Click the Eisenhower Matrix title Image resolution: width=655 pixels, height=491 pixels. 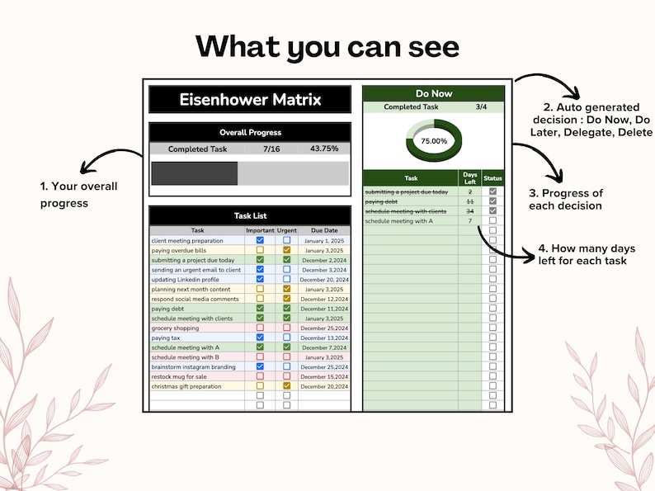250,100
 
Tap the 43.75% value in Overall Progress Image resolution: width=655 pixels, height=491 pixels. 323,149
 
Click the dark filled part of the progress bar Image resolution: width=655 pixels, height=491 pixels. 195,172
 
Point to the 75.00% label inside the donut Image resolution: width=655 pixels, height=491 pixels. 434,141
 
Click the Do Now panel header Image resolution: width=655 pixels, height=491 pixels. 433,93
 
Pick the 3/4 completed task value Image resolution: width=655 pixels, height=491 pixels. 481,107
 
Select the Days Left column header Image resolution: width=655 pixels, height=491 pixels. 470,177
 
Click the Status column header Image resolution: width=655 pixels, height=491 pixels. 492,178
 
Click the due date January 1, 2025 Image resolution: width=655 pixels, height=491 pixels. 324,240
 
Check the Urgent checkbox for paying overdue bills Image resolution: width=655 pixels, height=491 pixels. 286,250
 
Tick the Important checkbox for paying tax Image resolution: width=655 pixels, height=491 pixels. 260,338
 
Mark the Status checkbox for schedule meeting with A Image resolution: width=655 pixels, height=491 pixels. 492,221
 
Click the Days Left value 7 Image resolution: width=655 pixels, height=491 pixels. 470,221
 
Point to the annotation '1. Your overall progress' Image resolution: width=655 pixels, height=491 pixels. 78,194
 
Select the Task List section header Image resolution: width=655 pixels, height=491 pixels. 250,215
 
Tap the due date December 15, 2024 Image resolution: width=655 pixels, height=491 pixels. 324,376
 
